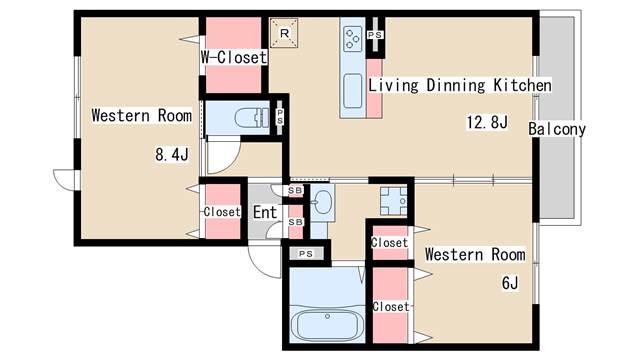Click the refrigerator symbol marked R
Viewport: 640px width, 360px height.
284,33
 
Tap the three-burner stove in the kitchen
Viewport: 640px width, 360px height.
353,39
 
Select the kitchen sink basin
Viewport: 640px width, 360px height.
353,91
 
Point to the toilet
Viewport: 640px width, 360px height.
251,118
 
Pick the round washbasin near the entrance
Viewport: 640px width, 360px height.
322,202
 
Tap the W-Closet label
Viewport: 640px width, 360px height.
234,57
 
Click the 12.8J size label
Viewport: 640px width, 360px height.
487,122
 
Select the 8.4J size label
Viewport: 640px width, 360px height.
172,154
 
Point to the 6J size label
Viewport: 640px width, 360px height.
510,282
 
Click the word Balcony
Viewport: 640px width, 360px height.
557,129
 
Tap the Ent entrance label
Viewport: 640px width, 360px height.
265,212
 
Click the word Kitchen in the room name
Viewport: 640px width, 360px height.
522,85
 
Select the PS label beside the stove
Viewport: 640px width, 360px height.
375,35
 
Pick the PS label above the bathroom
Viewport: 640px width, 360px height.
306,254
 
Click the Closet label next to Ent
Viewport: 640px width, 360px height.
222,212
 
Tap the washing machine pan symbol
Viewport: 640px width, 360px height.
394,201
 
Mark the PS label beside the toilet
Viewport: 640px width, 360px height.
280,117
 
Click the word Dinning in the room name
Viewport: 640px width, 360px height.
456,85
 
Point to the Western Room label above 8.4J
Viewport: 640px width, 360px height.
142,116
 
